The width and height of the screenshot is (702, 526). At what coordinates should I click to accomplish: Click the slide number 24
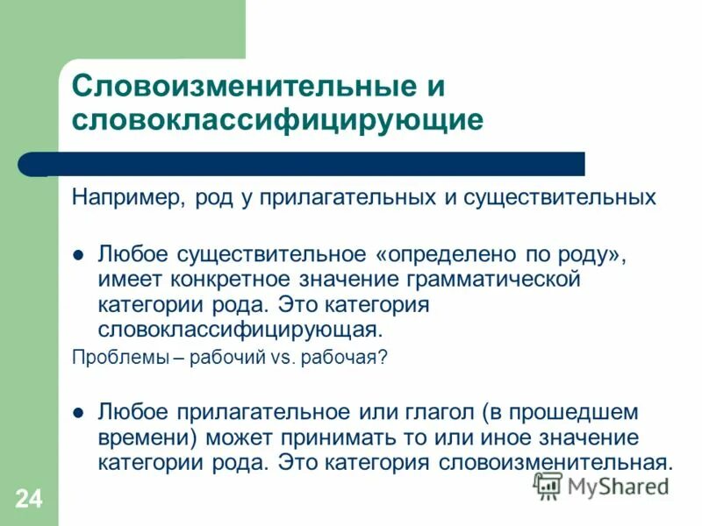(27, 500)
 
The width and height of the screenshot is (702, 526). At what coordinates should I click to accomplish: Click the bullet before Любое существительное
(77, 256)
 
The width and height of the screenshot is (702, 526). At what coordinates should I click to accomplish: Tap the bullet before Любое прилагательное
(77, 411)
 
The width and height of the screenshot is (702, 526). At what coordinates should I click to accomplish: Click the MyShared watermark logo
(600, 487)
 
